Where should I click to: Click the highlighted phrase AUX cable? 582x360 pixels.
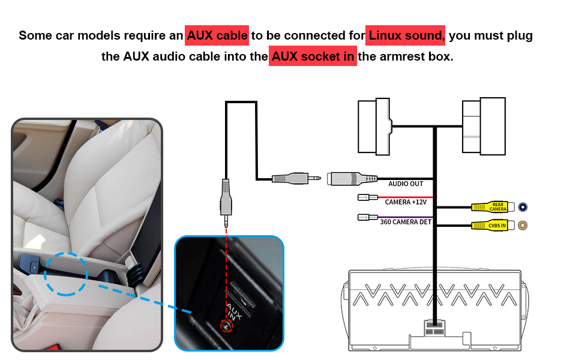pos(217,35)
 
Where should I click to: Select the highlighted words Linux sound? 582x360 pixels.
pos(406,35)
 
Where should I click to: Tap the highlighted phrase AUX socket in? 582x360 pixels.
pos(313,58)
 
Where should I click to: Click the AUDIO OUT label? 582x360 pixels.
pos(406,184)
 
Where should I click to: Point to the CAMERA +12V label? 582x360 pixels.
pos(406,202)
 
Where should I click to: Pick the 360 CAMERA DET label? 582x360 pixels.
pos(406,222)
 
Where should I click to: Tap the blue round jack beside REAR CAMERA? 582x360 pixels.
pos(523,207)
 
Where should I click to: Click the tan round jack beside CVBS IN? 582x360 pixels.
pos(523,226)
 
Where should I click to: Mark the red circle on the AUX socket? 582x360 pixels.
pos(226,326)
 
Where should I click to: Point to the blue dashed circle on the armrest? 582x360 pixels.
pos(66,273)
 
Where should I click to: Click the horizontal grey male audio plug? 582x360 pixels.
pos(294,178)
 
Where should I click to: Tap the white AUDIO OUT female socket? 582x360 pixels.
pos(351,178)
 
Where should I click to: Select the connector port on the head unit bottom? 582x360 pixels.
pos(433,328)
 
